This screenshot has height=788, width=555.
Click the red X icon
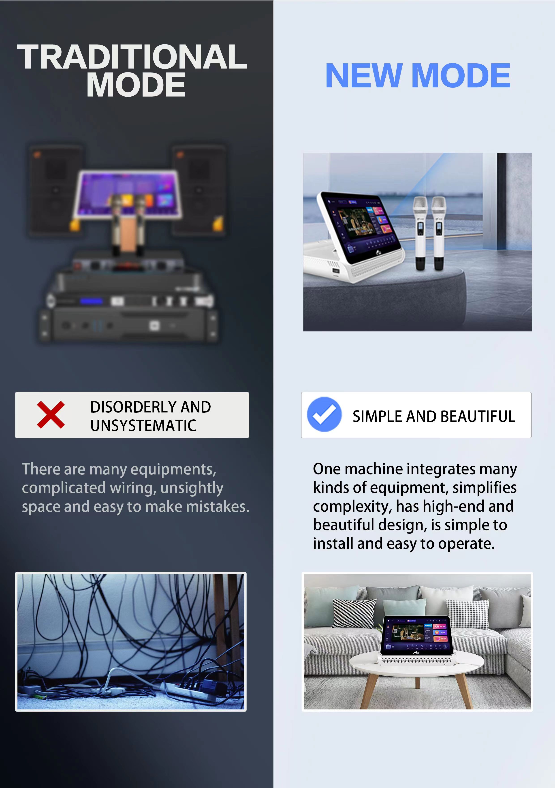click(51, 415)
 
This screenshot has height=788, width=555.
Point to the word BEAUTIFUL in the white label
click(478, 416)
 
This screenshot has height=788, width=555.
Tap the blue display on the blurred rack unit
click(91, 301)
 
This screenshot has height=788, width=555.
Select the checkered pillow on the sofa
click(467, 614)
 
